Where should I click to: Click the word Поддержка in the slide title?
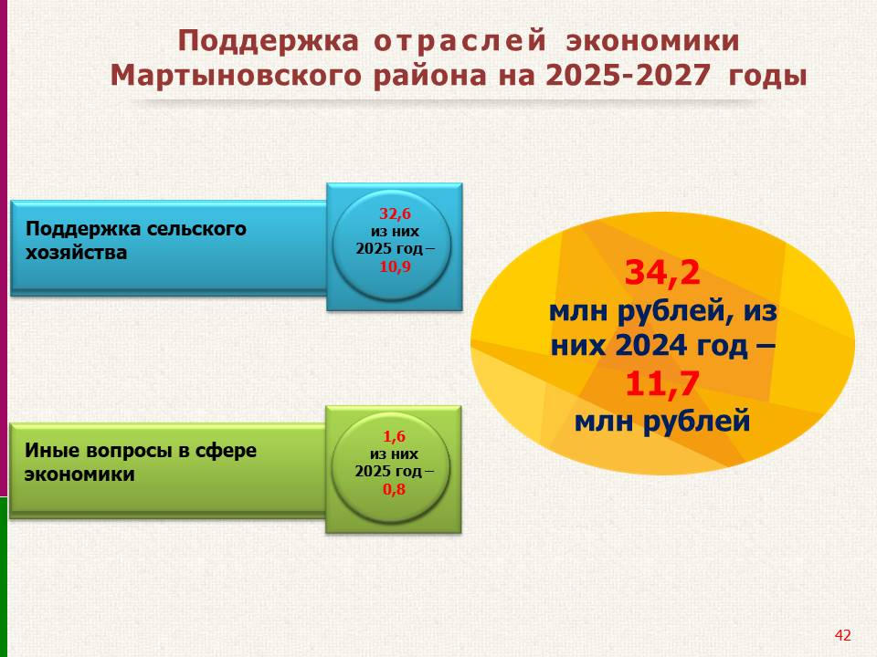coord(268,42)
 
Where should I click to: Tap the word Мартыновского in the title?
coord(236,76)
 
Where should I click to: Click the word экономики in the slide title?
coord(652,41)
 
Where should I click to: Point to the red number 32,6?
coord(395,214)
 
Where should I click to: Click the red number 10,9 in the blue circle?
coord(395,266)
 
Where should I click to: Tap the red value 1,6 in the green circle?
coord(394,436)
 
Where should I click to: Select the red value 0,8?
coord(394,489)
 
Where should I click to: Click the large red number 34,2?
coord(662,273)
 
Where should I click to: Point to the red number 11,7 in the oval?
coord(662,384)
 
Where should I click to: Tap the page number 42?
coord(842,635)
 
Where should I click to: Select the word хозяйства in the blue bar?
coord(76,252)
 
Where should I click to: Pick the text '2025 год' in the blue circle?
coord(389,248)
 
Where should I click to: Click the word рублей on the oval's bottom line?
coord(696,421)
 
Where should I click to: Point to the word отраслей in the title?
coord(460,42)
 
